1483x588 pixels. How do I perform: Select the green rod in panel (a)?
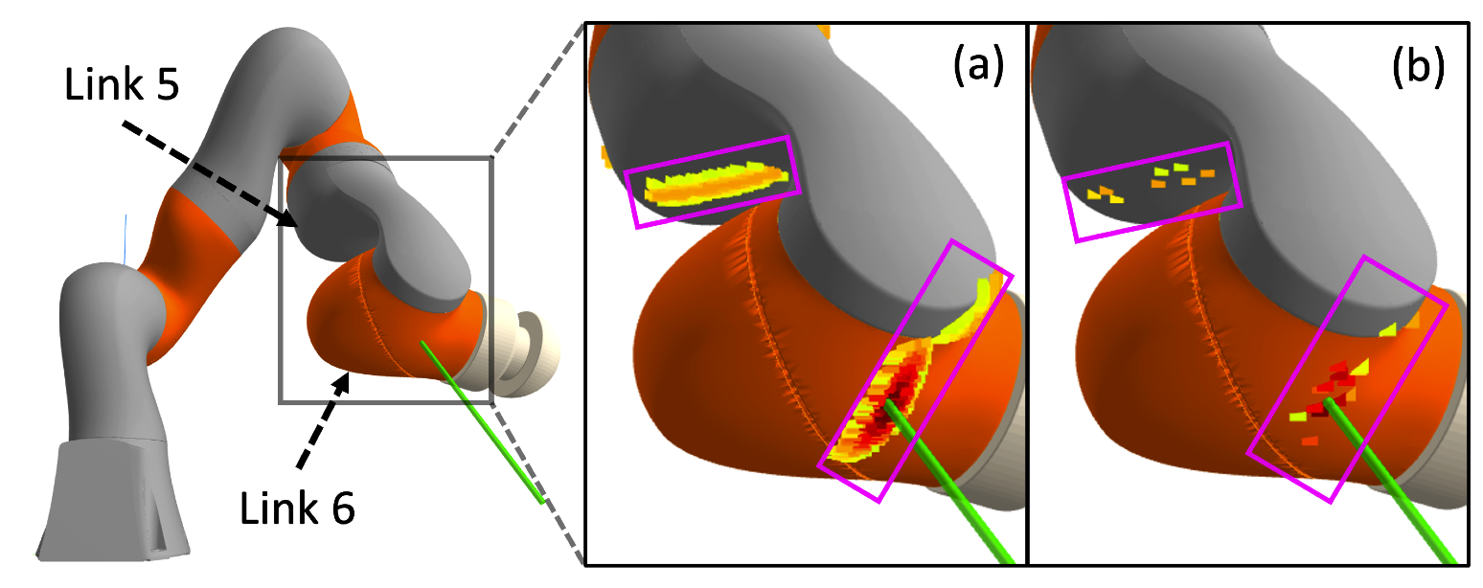[948, 479]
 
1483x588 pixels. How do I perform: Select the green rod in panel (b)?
[1389, 479]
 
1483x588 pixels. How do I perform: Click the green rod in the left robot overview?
[479, 421]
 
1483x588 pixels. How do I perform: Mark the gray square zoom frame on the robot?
[280, 287]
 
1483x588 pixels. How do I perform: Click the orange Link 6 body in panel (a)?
[709, 335]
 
